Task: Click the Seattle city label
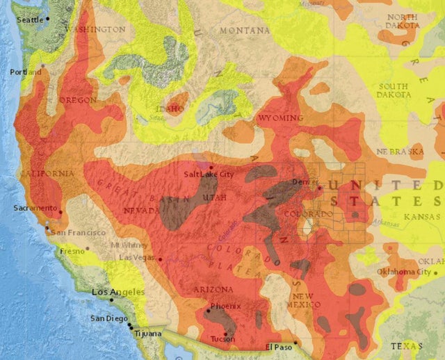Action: click(x=29, y=20)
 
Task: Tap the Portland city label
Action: click(x=25, y=72)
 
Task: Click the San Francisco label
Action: click(x=77, y=232)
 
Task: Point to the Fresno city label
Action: click(x=72, y=250)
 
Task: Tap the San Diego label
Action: click(x=108, y=318)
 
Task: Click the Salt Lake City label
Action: click(x=209, y=174)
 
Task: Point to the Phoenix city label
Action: click(x=226, y=306)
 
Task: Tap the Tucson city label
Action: click(x=223, y=339)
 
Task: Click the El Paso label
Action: click(x=278, y=347)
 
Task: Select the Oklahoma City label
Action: click(x=403, y=271)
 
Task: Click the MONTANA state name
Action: click(x=245, y=31)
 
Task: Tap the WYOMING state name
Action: click(x=280, y=118)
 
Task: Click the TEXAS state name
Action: click(x=406, y=345)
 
